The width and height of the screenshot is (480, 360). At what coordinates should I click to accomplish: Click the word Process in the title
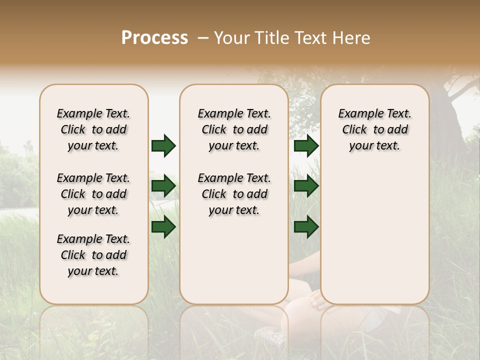point(154,38)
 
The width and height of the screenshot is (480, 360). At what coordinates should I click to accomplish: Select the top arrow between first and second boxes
point(163,145)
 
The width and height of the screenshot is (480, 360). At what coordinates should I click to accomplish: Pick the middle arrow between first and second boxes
point(163,186)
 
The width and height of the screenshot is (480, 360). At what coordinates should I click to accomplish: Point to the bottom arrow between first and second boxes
point(163,227)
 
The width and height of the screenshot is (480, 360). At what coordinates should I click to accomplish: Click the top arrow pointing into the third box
point(306,145)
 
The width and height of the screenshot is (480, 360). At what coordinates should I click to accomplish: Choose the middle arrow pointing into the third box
point(306,186)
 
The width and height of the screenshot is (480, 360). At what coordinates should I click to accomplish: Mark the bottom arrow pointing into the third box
point(306,227)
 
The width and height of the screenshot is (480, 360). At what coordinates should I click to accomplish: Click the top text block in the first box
point(93,129)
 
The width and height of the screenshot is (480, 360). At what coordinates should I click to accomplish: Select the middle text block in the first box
point(93,194)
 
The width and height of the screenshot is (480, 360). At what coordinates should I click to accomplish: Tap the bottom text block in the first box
point(93,255)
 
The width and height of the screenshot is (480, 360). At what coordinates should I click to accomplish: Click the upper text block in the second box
point(234,129)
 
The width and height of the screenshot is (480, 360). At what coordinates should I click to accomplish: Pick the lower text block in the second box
point(234,194)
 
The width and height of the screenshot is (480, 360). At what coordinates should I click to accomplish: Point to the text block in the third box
point(374,129)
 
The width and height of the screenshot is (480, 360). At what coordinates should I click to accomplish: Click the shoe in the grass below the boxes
point(270,335)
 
